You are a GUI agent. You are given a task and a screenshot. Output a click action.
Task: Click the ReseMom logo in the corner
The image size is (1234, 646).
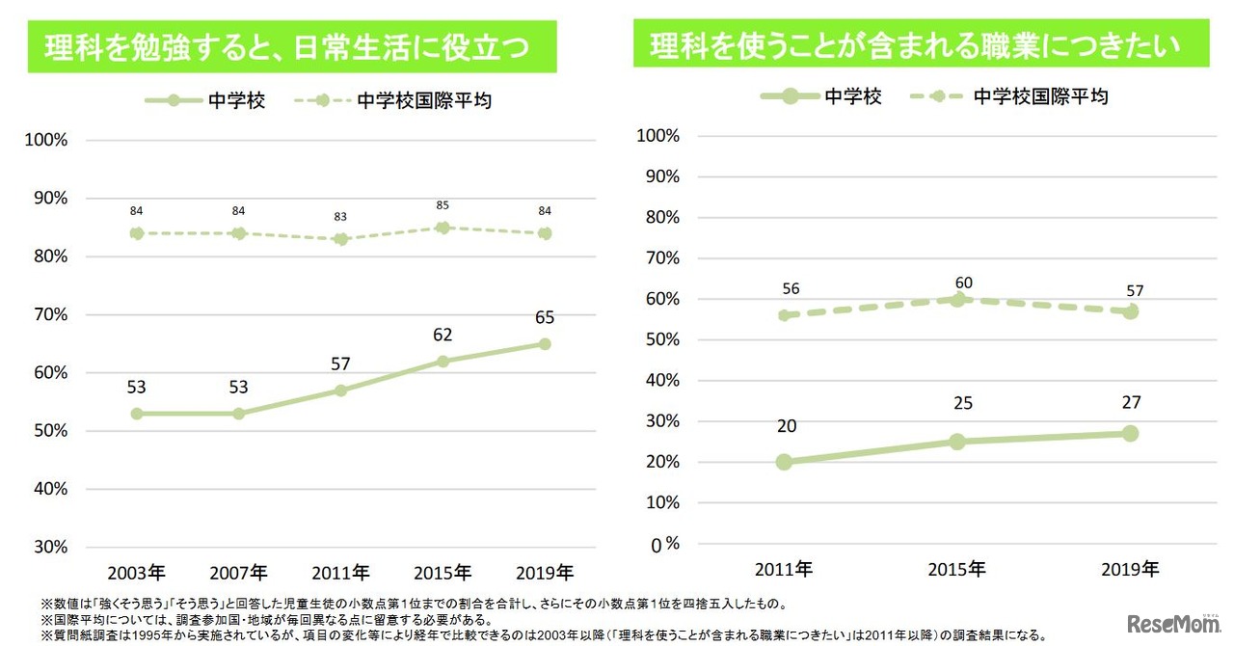click(1170, 623)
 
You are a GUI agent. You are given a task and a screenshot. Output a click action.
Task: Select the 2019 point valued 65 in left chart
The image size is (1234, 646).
click(545, 344)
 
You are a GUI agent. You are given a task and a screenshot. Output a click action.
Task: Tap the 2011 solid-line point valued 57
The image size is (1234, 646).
click(341, 390)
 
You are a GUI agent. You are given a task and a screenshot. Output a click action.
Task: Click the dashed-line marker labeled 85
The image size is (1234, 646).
click(443, 228)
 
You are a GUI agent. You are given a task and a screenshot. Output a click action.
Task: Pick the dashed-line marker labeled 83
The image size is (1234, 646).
click(341, 239)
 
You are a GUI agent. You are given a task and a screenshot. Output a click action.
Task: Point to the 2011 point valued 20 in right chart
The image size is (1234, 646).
click(784, 462)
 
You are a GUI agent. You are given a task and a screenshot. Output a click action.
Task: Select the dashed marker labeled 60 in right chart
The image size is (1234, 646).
click(956, 299)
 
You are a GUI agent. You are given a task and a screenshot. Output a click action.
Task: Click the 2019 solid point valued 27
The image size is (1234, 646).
click(1130, 434)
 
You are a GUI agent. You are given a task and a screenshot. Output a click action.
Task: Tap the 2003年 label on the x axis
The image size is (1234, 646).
click(137, 570)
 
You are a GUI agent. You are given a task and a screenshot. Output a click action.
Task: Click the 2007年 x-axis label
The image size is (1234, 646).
click(239, 570)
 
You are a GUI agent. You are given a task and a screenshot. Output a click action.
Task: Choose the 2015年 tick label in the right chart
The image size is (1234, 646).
click(956, 569)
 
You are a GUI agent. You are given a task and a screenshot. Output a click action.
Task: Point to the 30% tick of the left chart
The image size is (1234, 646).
click(48, 547)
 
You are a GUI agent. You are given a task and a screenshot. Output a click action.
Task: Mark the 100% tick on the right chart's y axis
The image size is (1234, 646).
click(659, 136)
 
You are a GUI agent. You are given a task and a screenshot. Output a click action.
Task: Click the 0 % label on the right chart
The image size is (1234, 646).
click(663, 544)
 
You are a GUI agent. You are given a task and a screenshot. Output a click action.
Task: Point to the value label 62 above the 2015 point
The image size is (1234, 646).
click(443, 335)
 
